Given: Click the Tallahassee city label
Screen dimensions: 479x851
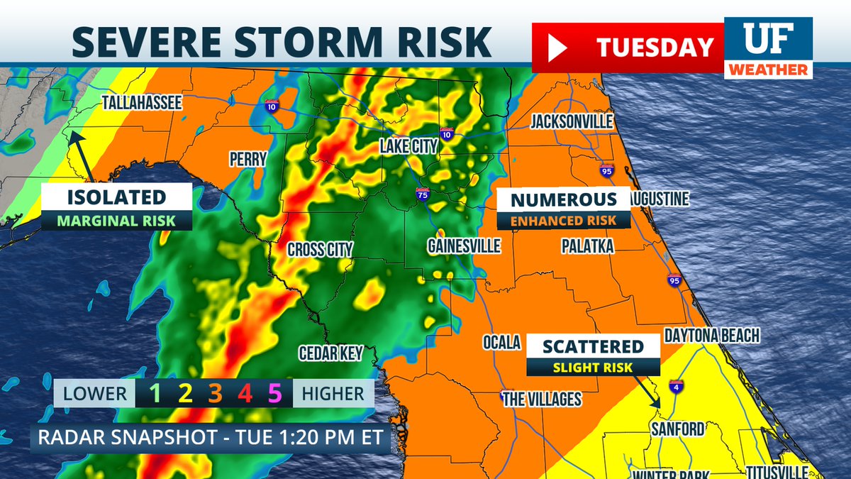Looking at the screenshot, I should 142,102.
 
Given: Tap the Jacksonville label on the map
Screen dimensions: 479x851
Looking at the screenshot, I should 572,121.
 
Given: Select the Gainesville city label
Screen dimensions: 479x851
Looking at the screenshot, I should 464,246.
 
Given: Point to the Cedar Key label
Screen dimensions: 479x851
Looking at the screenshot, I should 330,353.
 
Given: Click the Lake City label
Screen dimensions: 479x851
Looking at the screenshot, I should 409,146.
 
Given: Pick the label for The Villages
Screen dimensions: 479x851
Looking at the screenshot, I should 542,400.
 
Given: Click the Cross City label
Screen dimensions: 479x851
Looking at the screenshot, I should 320,250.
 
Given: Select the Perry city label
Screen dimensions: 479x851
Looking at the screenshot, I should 247,159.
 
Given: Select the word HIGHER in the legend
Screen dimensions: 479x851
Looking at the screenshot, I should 333,393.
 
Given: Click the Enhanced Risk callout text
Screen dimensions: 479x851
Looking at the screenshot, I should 562,221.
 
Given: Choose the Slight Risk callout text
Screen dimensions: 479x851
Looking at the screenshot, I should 594,367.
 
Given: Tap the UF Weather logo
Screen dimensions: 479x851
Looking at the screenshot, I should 768,48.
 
